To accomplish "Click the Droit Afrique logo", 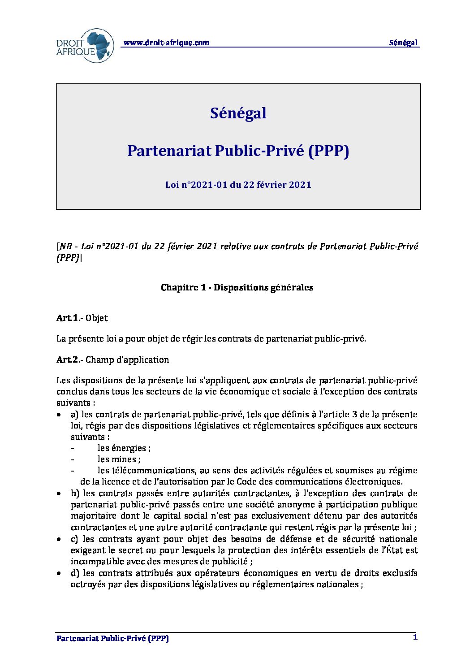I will (85, 46).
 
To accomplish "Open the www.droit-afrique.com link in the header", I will (166, 43).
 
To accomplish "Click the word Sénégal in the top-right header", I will (403, 43).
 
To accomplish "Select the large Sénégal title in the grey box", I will (238, 113).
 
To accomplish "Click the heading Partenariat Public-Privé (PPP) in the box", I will (238, 151).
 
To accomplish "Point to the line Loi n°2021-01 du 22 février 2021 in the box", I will (238, 185).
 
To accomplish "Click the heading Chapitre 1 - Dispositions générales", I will (237, 288).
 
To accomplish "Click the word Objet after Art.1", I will (97, 318).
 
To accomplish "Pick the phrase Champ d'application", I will (127, 360).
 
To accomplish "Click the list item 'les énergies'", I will (124, 448).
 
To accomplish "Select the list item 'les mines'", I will (119, 459).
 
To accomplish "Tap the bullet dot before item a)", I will (59, 415).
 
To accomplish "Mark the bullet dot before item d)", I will (59, 573).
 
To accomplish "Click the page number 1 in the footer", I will (415, 637).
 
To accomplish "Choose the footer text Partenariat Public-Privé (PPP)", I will (112, 639).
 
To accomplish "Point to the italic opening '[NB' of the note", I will (64, 247).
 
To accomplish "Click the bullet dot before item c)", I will (59, 539).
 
